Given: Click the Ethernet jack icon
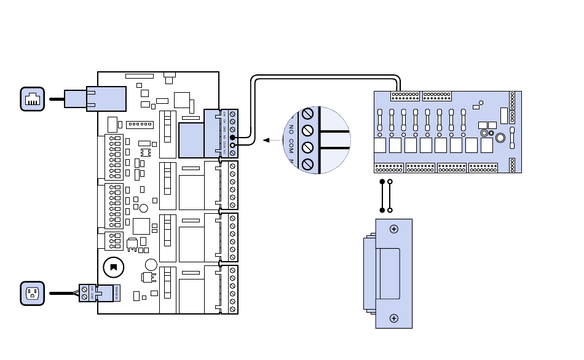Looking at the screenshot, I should (32, 99).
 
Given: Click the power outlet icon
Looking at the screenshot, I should (32, 293).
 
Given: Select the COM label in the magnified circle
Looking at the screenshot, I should (291, 146).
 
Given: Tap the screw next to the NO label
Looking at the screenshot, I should (308, 130).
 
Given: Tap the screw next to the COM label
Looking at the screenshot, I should (308, 147).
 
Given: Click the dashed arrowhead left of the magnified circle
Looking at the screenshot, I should (266, 140).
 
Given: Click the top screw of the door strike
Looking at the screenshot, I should (394, 229).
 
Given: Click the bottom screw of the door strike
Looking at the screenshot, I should (394, 318).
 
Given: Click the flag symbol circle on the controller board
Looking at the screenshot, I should (112, 267).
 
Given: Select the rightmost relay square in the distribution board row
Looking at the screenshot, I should (486, 145).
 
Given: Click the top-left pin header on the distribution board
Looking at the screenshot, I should (405, 96).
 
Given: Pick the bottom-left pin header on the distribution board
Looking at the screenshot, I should (389, 168).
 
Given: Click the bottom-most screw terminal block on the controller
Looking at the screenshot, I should (232, 289).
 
